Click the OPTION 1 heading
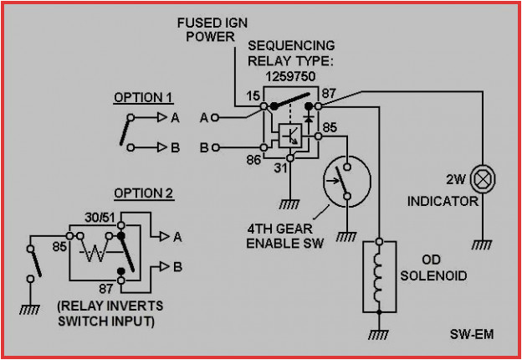coord(143,98)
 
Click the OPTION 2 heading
coord(143,194)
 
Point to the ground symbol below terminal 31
coord(290,203)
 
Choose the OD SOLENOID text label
coord(432,267)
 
